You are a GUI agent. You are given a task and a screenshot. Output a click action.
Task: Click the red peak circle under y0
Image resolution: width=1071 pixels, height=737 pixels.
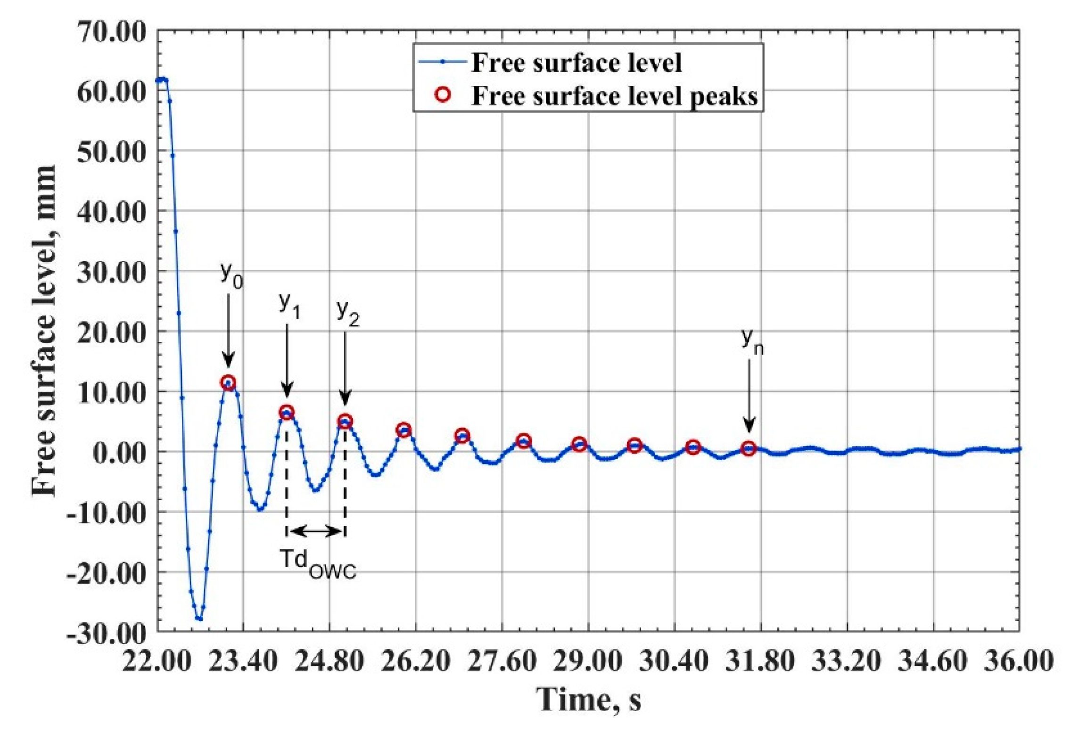coord(228,382)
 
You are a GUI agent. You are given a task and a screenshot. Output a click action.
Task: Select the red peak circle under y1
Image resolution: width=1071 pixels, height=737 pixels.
coord(287,413)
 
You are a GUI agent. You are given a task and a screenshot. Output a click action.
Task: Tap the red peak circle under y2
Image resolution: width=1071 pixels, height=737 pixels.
coord(345,422)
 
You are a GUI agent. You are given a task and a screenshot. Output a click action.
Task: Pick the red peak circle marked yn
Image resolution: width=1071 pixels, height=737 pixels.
coord(749,448)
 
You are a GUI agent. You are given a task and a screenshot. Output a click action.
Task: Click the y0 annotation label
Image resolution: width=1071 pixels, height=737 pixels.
coord(231,274)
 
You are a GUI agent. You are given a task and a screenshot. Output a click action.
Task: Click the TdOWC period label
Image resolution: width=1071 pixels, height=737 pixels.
coord(318,563)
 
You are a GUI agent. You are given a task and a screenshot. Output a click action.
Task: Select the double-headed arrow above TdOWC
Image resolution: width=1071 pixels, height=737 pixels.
coord(316,531)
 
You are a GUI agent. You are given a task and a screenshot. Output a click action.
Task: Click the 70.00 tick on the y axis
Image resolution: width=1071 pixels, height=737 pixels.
coord(111,33)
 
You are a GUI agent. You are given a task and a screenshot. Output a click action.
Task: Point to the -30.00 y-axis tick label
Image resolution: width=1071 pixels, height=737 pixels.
coord(107,633)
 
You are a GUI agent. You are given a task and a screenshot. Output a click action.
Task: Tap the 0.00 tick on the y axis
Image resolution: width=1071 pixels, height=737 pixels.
coord(120,453)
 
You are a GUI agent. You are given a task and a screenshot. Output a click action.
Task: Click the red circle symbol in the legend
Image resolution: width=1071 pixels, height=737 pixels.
coord(443,95)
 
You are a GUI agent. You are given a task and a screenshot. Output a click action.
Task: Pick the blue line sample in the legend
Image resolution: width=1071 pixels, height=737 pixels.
coord(442,62)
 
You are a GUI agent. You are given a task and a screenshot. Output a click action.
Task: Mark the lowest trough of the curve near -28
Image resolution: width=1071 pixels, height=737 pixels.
coord(200,619)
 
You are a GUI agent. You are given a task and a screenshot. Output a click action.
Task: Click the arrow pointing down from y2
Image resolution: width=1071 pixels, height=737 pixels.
coord(345,368)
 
